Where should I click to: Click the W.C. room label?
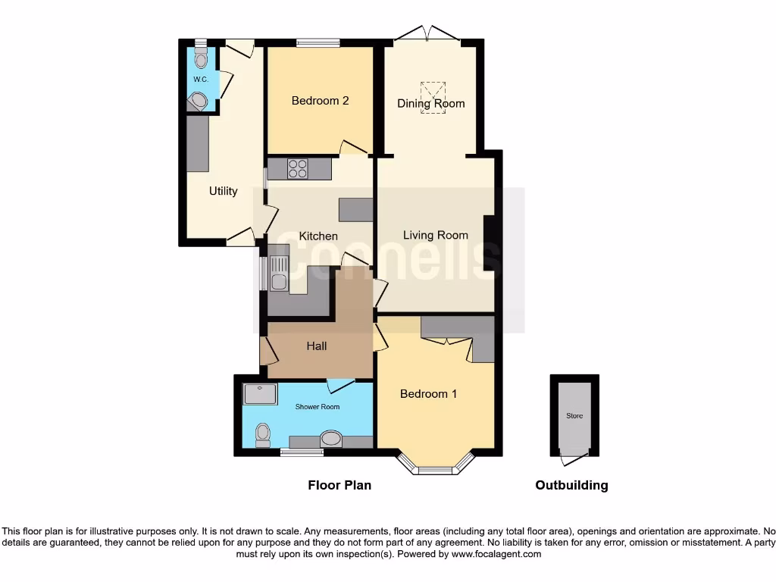pos(200,80)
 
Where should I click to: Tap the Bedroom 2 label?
pos(320,100)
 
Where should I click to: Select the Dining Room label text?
pos(431,103)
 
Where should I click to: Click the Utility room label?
pos(223,191)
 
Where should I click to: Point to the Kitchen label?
pos(318,236)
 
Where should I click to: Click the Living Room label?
pos(435,235)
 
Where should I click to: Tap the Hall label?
pos(317,346)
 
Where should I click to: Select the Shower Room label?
pos(318,407)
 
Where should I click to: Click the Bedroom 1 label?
pos(428,393)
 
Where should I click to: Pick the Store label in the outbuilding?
pos(574,416)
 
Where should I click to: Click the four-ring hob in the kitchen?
pos(297,168)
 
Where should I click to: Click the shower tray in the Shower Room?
pos(261,394)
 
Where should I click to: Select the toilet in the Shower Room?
pos(263,434)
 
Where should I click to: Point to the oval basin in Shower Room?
pos(331,439)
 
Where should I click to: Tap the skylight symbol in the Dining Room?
pos(433,97)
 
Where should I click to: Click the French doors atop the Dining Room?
pos(427,33)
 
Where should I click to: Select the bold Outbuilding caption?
pos(571,485)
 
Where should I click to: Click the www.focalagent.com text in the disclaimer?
pos(497,554)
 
